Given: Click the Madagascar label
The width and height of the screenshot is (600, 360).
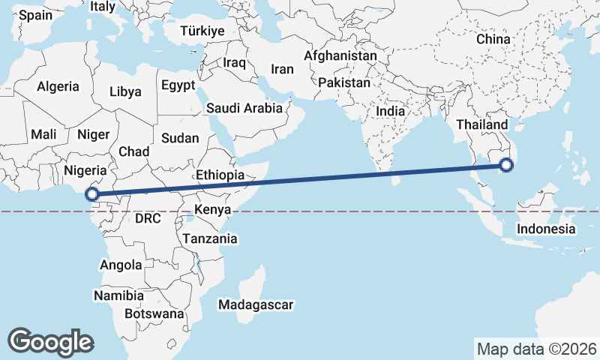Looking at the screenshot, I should tap(255, 304).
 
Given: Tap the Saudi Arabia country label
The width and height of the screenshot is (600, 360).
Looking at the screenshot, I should tap(244, 108).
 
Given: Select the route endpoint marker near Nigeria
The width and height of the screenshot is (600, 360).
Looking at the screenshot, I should tap(91, 194).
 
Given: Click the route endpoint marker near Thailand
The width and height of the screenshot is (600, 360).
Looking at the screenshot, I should tap(506, 164).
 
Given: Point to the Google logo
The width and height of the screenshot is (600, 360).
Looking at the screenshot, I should tap(50, 341).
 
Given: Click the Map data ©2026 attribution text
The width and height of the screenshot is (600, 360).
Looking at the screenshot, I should tap(537, 349).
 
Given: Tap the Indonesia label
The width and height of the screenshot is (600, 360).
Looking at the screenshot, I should tap(547, 229).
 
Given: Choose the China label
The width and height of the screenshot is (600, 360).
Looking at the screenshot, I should tap(493, 39).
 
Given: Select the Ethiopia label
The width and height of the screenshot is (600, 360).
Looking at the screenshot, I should tap(220, 175).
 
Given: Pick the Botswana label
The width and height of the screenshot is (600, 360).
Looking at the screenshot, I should tap(154, 313).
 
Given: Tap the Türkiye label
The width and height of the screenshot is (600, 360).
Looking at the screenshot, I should tap(202, 31).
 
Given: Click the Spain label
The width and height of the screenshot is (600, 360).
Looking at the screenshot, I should tap(36, 15).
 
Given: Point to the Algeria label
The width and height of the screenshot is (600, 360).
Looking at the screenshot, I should tap(58, 86).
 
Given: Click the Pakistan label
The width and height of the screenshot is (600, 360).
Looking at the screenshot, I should tap(344, 82).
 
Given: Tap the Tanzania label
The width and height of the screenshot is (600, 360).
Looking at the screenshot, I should tap(210, 238).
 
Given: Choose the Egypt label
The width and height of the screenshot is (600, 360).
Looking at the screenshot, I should tap(178, 85).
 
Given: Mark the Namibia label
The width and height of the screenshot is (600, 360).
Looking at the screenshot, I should tap(119, 295).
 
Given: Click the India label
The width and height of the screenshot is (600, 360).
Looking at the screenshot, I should tap(390, 110).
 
